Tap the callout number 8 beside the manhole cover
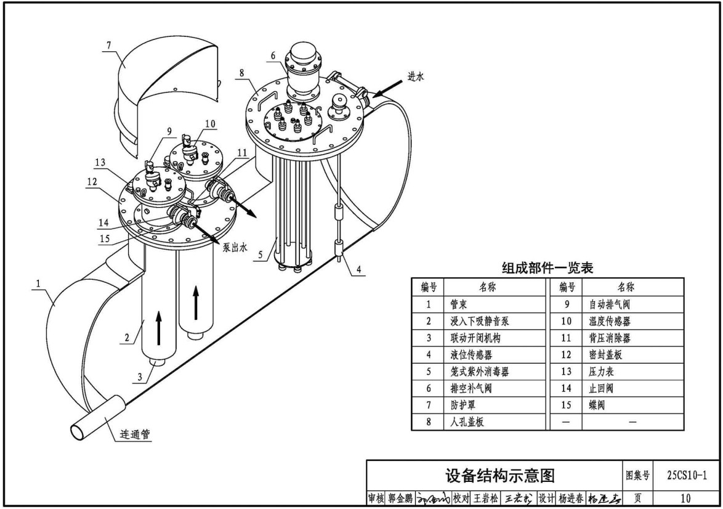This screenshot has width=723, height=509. [x=242, y=73]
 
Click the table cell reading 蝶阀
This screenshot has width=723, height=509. [x=598, y=405]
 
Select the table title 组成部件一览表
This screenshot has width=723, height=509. [x=548, y=267]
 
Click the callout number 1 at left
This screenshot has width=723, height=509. [x=39, y=285]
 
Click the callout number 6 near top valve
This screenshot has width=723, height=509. [x=272, y=54]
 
